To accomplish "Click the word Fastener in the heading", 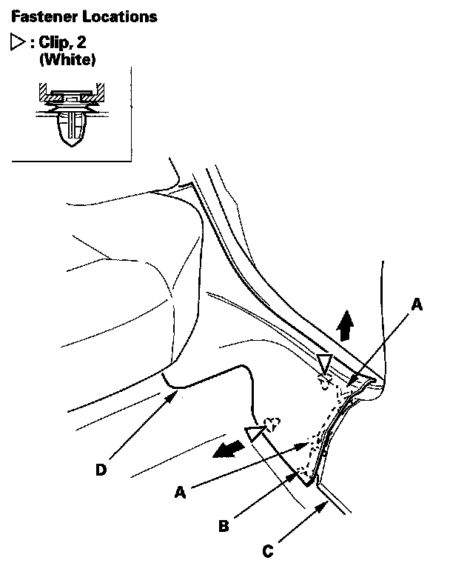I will [x=36, y=16].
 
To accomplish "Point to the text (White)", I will [x=67, y=59].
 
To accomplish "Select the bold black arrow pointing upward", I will [x=343, y=324].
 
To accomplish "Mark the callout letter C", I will [x=269, y=550].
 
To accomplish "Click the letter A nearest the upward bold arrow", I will [x=416, y=304].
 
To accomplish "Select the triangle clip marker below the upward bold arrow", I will [x=323, y=362].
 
